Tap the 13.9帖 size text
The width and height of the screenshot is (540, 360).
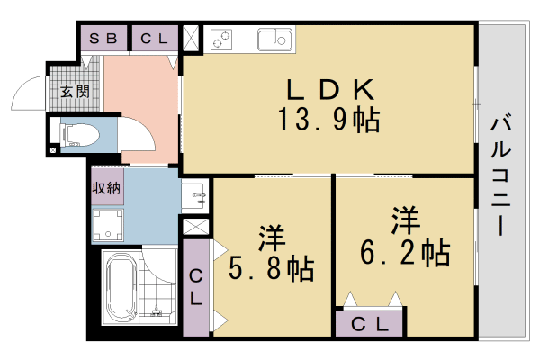(x=329, y=119)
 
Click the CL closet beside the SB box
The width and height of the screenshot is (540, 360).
(x=154, y=39)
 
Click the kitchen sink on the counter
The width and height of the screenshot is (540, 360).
(x=274, y=40)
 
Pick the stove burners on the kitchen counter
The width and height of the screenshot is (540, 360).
(x=222, y=40)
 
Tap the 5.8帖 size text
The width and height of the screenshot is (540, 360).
(x=271, y=267)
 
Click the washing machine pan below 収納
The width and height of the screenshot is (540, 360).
(x=110, y=225)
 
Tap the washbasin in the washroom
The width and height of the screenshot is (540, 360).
(x=194, y=194)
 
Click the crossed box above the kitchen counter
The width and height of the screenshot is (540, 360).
(x=192, y=40)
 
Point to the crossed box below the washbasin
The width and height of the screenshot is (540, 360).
(x=195, y=228)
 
